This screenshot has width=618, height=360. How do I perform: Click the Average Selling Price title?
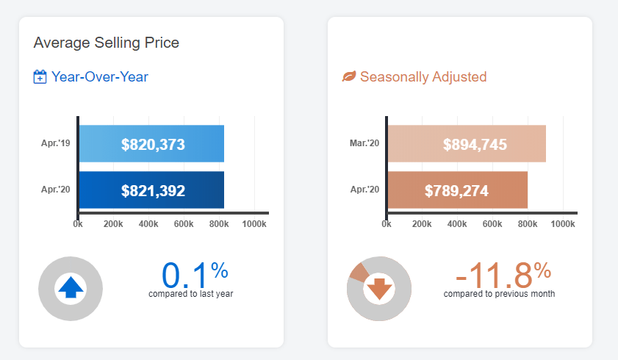point(107,43)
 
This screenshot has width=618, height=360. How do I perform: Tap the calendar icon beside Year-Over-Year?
point(40,77)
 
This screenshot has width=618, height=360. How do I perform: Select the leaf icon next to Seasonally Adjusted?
point(349,77)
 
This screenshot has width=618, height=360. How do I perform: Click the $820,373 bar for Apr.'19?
point(151,144)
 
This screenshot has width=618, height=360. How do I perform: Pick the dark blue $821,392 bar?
point(151,190)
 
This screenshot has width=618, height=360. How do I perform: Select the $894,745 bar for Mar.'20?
point(467,144)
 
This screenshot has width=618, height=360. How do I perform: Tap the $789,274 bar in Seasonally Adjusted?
point(457,190)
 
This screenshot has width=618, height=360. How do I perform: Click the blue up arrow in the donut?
point(71,288)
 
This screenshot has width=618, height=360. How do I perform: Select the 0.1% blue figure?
point(194,275)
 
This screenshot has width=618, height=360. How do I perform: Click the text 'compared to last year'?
point(191,294)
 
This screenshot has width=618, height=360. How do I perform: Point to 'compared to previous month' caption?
point(499,294)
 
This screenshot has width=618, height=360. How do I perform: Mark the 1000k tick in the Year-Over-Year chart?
point(254,223)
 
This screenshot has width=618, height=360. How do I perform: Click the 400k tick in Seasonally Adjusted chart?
point(457,223)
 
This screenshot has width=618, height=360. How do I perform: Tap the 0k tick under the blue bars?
point(78,223)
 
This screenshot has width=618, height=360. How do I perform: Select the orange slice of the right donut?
point(359,271)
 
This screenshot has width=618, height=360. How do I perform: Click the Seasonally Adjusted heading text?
point(423,77)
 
